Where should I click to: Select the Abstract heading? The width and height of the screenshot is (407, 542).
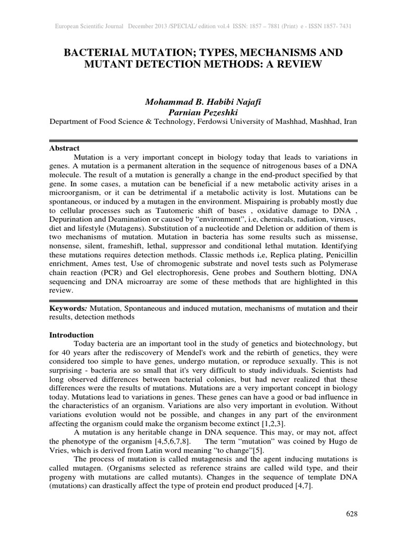point(64,148)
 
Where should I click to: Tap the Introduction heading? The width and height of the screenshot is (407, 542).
point(72,335)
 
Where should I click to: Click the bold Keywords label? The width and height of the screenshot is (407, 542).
point(68,308)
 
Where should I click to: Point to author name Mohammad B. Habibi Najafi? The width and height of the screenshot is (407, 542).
point(203,101)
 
